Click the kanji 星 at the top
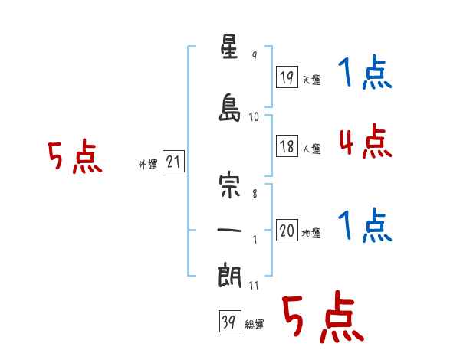(x=229, y=46)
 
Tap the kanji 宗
(x=229, y=186)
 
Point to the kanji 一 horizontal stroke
(x=229, y=230)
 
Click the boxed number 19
(x=287, y=77)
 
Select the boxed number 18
(x=287, y=146)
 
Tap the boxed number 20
(x=287, y=230)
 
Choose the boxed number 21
(x=173, y=162)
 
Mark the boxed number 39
(x=230, y=321)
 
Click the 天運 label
(x=312, y=80)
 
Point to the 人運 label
(x=312, y=149)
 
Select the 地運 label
(x=311, y=233)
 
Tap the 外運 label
(x=148, y=165)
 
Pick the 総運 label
(x=255, y=325)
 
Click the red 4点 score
(x=366, y=141)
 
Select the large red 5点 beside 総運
(x=323, y=316)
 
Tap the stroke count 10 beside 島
(x=254, y=117)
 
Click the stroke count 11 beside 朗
(x=254, y=286)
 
